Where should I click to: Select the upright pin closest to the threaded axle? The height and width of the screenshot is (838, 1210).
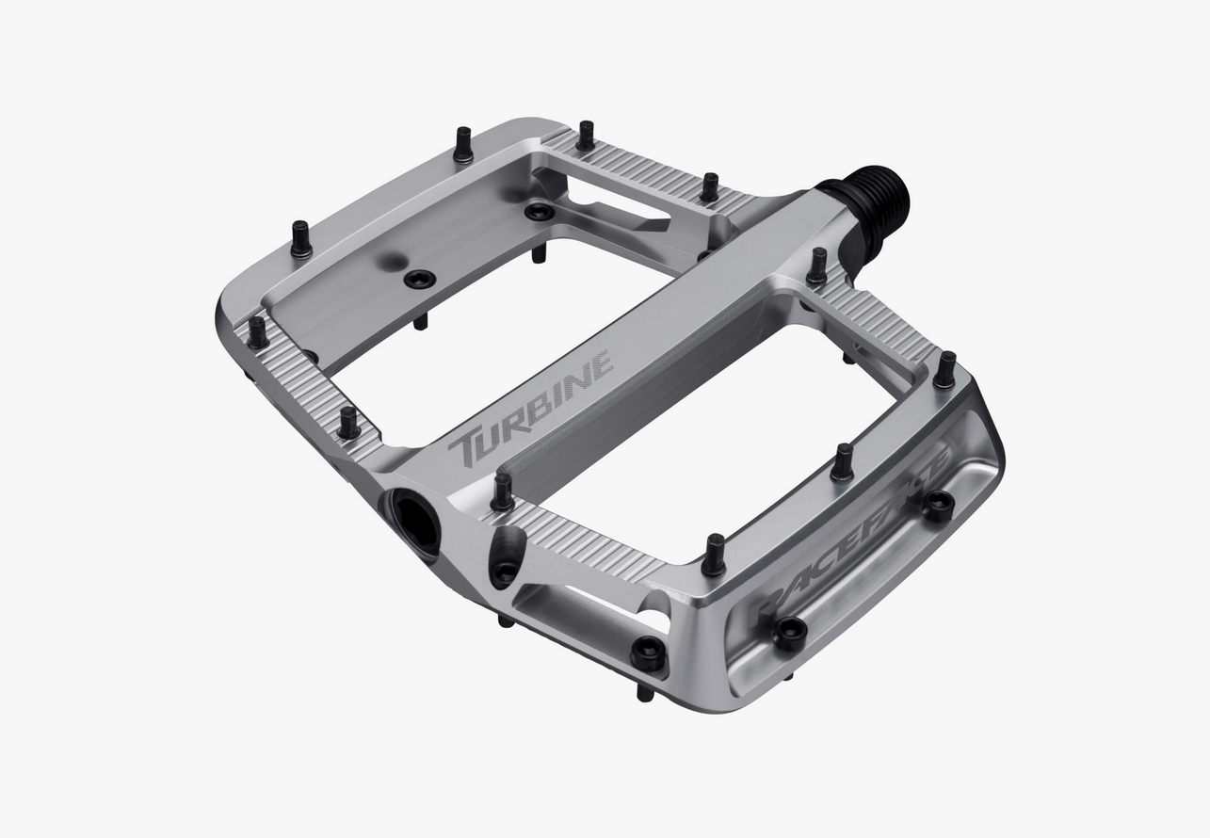pos(817,266)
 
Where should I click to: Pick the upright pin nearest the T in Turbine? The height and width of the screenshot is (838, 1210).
pos(502,491)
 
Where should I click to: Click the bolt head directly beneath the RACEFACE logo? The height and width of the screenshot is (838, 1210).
pos(789,633)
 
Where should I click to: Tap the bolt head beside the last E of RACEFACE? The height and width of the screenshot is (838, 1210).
pos(938,505)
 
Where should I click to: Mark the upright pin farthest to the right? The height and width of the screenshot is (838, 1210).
pos(944,369)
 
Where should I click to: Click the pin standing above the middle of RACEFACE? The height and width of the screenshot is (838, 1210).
pos(842,461)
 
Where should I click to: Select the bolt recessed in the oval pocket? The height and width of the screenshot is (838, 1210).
pos(505,570)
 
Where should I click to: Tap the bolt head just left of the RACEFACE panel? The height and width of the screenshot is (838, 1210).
pos(648,652)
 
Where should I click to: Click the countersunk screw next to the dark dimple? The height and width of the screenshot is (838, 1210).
pos(419,279)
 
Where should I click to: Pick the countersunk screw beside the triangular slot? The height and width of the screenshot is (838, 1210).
pos(539,212)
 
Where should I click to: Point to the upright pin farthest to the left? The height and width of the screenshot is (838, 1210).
pos(257,332)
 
